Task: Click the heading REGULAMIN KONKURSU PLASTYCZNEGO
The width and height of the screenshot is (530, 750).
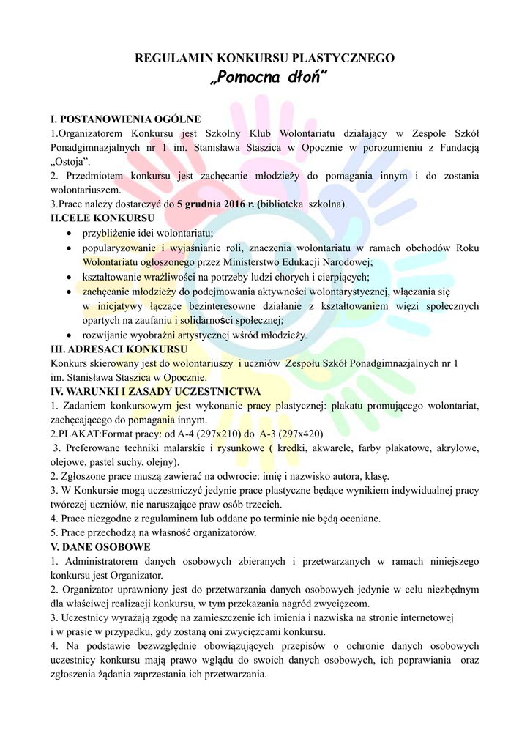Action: [x=265, y=58]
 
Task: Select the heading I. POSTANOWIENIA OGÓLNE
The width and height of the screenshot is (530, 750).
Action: [x=125, y=118]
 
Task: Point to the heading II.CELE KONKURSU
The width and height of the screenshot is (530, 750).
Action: [x=102, y=218]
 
